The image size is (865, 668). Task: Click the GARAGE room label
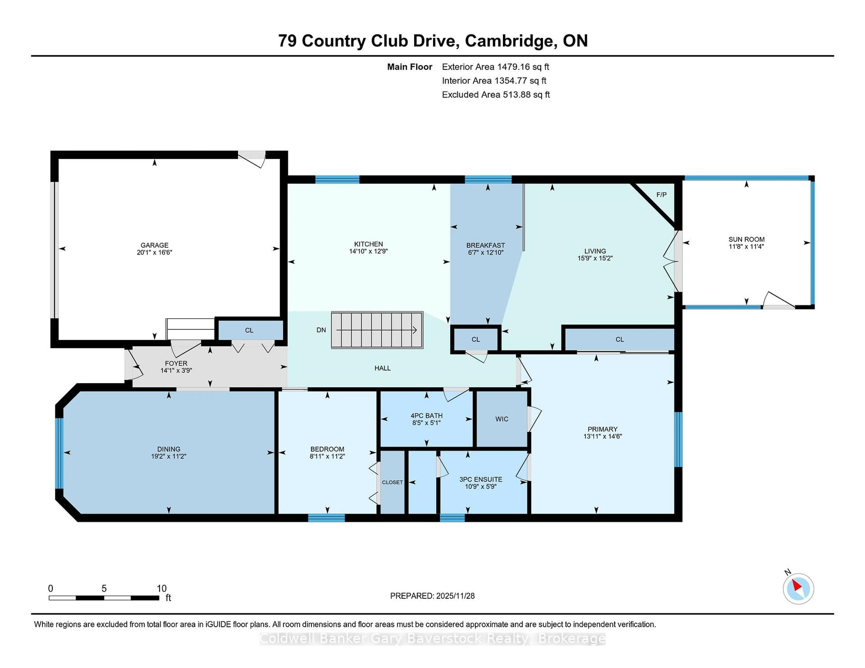pos(155,245)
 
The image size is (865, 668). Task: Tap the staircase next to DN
pos(377,330)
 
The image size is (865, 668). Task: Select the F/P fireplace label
pos(661,195)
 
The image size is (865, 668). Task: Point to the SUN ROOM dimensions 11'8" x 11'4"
pos(746,246)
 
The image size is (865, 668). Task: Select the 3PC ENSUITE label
pos(480,479)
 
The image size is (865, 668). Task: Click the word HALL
pos(382,368)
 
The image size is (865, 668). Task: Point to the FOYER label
pos(176,363)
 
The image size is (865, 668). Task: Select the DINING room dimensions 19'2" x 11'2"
pos(169,456)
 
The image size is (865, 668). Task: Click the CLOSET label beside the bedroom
pos(392,482)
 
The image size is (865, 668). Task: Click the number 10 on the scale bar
pos(162,589)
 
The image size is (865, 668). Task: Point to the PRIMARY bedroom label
pos(602,429)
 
